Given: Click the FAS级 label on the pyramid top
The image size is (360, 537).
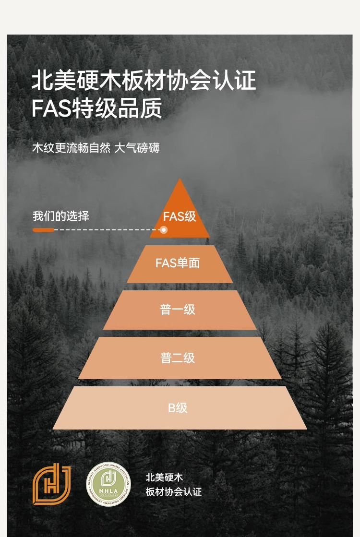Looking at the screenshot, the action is (180, 216).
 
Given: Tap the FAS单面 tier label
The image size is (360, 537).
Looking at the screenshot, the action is (178, 263).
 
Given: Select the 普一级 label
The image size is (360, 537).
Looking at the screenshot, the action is (178, 310).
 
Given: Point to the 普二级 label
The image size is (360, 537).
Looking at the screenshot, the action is (178, 358).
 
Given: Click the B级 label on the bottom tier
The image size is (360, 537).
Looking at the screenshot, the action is (178, 408).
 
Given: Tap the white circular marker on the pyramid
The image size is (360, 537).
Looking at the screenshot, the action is (164, 230).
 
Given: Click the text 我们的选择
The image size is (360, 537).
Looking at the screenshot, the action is (61, 216).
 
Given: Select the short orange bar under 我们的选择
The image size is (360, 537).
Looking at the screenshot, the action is (43, 230).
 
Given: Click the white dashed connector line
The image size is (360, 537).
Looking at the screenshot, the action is (106, 230).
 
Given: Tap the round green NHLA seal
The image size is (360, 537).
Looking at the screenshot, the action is (108, 484).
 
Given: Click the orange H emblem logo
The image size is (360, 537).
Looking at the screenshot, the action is (51, 484).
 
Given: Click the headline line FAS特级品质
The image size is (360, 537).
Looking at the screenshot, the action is (96, 109).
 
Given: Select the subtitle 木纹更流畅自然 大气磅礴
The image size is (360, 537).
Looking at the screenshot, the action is (96, 147).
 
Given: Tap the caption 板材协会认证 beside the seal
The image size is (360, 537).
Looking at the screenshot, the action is (174, 492).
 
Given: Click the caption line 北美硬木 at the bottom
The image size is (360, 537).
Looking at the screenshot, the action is (165, 477).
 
